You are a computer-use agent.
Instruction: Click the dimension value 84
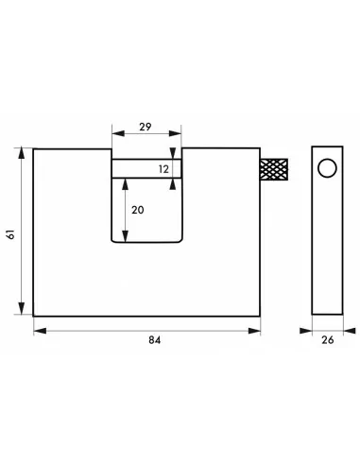coord(155,340)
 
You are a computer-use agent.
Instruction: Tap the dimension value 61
coord(11,234)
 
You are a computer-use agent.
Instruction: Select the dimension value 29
coord(146,127)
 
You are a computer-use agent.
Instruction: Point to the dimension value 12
coord(163,169)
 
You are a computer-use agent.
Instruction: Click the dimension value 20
coord(138,210)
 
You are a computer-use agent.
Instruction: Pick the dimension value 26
coord(328,339)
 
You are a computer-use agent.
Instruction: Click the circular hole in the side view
coord(327,168)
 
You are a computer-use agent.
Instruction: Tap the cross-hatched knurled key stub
coord(274,169)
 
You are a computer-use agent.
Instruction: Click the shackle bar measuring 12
coord(146,169)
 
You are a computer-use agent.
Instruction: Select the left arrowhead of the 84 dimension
coord(40,331)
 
